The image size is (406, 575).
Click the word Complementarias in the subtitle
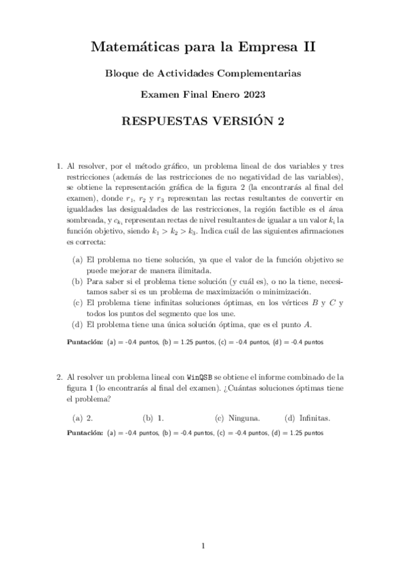(x=261, y=72)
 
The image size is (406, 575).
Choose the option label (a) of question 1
(x=77, y=260)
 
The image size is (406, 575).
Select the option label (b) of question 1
(x=77, y=280)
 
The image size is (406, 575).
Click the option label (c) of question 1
(x=77, y=302)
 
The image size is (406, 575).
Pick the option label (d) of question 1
(x=77, y=323)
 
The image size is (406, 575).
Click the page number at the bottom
(x=203, y=545)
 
